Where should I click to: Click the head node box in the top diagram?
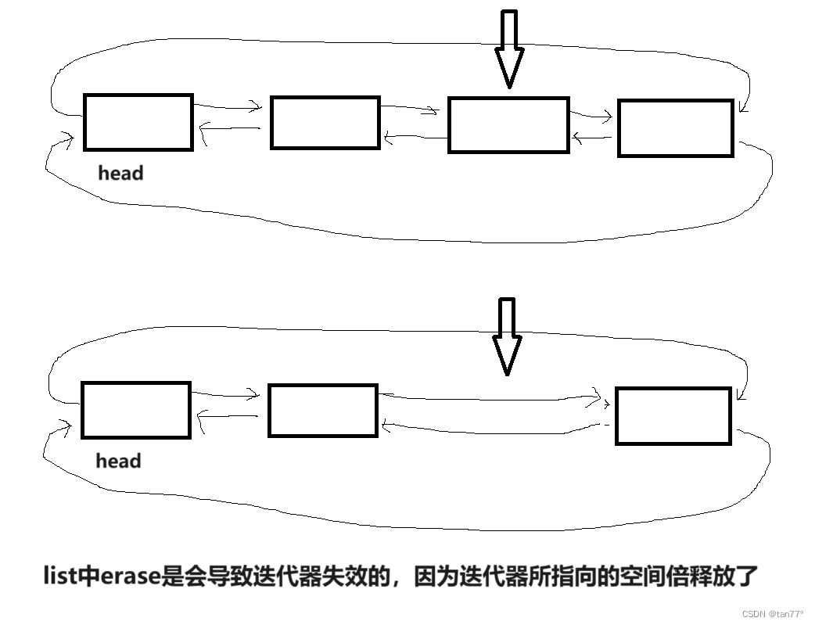tap(138, 122)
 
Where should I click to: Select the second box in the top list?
tap(325, 123)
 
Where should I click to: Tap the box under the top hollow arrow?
tap(508, 125)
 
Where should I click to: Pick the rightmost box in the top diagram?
tap(675, 128)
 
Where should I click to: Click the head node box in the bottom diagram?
tap(136, 410)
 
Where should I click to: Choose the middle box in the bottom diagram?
tap(322, 411)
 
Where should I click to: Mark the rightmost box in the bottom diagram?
tap(673, 415)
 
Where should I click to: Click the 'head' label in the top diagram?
tap(120, 173)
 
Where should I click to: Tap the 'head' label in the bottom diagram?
tap(118, 461)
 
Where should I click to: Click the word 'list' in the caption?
tap(59, 577)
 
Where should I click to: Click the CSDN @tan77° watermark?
tap(773, 614)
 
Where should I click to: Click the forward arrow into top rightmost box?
tap(591, 117)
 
